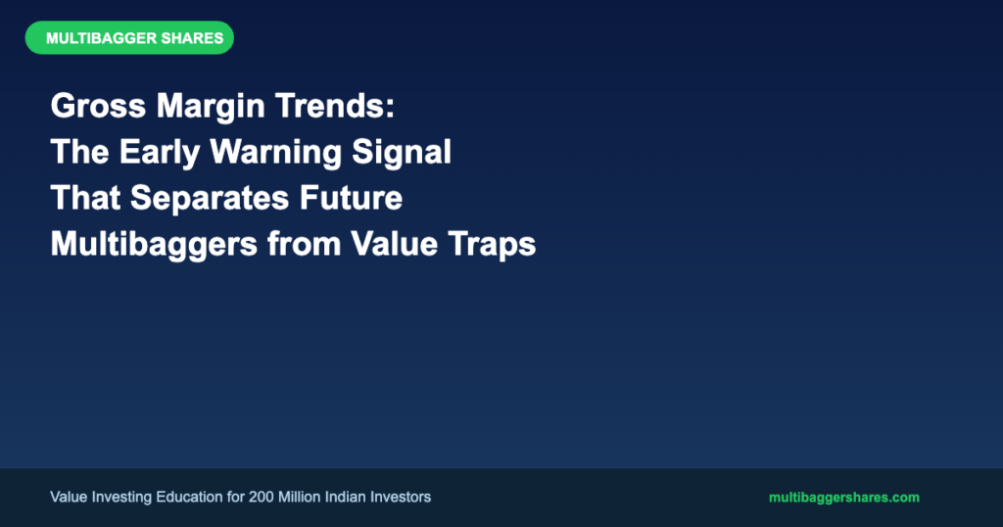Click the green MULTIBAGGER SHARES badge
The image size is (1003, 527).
pos(129,38)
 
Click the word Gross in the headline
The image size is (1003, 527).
pos(99,106)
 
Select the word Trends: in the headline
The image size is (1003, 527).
pos(335,106)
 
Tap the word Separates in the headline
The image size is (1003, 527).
pos(210,199)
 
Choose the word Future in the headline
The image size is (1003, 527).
pos(352,198)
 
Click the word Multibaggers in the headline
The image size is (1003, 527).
pos(154,245)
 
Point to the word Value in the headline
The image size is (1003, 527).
pos(394,244)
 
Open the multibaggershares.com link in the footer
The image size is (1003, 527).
pos(843,498)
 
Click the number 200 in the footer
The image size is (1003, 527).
pos(261,497)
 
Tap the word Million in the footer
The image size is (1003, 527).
pos(300,497)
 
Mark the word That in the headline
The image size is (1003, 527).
pos(86,198)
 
